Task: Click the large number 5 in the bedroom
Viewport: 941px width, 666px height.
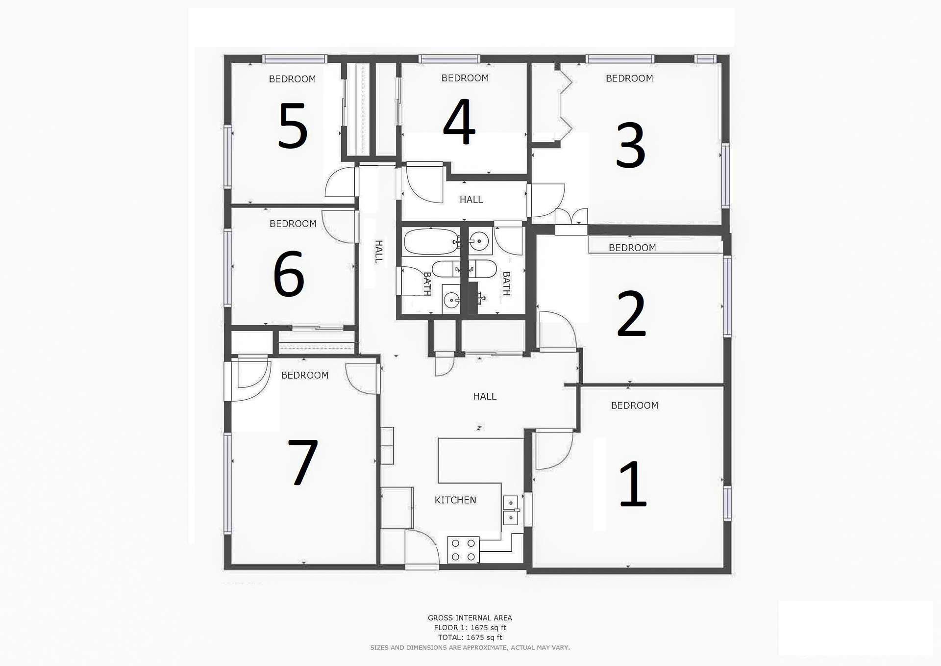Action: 293,126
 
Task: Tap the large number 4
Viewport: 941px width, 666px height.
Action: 459,121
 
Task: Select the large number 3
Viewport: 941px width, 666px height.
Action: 630,145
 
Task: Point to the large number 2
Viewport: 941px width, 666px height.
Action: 631,314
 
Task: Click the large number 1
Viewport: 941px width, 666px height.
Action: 633,484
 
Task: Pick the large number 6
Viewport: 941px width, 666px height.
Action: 289,274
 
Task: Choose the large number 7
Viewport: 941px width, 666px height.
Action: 302,462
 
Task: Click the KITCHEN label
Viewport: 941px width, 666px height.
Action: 455,500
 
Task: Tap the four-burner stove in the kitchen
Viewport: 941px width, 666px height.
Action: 463,550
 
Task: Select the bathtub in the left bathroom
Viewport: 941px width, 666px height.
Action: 431,242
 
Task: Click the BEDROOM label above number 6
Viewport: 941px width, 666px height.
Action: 293,224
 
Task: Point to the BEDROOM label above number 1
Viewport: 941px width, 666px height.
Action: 634,406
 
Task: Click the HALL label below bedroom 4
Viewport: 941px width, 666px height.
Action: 471,200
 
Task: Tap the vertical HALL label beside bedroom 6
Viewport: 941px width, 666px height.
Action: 379,252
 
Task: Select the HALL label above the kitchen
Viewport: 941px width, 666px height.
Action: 485,396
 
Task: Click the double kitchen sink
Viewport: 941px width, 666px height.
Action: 511,510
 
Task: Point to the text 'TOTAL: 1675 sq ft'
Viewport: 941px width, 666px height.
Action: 470,638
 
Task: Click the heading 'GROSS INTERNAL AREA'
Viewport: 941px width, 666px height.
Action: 470,618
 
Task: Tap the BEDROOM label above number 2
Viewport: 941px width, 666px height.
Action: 632,248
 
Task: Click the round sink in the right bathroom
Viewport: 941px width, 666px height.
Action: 479,241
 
